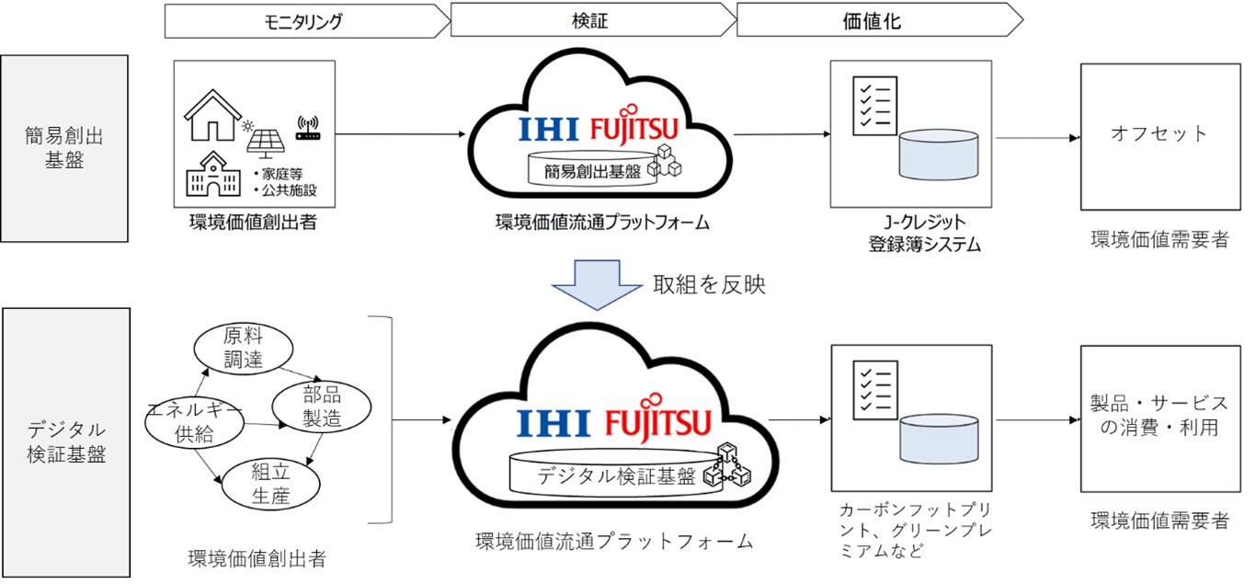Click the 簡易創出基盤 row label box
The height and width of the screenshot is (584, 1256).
click(x=64, y=148)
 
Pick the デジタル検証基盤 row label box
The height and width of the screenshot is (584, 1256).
click(x=65, y=442)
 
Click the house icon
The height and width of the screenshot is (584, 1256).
click(x=212, y=116)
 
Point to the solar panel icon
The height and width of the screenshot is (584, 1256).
click(x=266, y=137)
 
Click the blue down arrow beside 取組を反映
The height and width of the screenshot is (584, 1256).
click(x=598, y=284)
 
